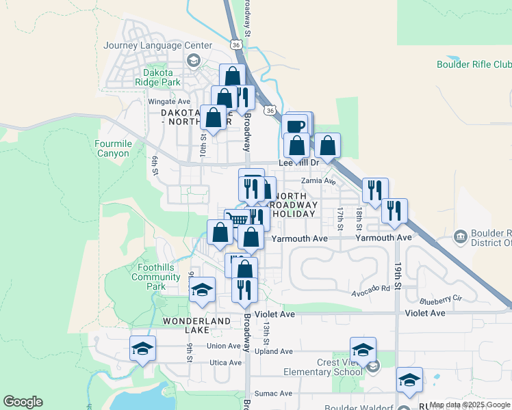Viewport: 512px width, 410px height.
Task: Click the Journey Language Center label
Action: pyautogui.click(x=157, y=46)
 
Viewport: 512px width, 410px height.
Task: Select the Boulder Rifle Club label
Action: pyautogui.click(x=474, y=64)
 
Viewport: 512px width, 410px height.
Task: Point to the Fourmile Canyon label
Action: pyautogui.click(x=113, y=148)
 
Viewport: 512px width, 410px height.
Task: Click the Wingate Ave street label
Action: pyautogui.click(x=169, y=102)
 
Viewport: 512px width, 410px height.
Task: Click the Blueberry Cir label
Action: pyautogui.click(x=441, y=299)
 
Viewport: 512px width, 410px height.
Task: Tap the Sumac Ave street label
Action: pyautogui.click(x=273, y=394)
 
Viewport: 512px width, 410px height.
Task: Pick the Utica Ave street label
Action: pyautogui.click(x=226, y=363)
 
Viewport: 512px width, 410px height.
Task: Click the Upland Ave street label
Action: pyautogui.click(x=274, y=351)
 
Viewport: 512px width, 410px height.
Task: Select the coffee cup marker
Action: pyautogui.click(x=296, y=127)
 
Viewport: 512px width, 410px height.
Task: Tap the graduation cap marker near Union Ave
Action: pyautogui.click(x=142, y=348)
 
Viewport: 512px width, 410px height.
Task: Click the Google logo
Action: pyautogui.click(x=23, y=402)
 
